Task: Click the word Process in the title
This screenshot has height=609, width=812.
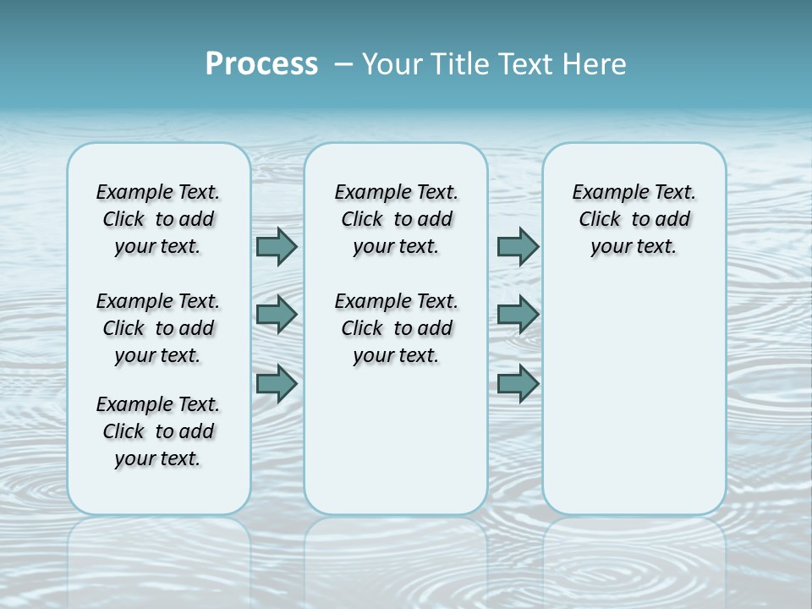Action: tap(261, 64)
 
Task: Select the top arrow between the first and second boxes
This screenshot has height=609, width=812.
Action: tap(277, 246)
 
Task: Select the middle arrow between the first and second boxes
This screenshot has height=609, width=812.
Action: tap(277, 315)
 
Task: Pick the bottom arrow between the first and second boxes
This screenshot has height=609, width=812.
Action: tap(277, 383)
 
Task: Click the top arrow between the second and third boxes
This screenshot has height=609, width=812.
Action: tap(518, 246)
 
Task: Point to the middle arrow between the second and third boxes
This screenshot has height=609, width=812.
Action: tap(518, 315)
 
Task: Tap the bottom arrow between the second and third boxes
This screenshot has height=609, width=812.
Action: tap(518, 383)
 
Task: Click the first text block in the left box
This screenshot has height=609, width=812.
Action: tap(158, 219)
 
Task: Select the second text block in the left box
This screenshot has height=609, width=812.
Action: tap(158, 328)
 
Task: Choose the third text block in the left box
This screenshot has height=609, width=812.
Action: tap(158, 431)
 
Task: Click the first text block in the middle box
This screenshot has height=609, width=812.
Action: tap(396, 219)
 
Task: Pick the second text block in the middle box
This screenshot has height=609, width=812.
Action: tap(396, 328)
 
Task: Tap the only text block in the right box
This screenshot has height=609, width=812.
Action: tap(634, 219)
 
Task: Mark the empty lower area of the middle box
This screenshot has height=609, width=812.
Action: tap(396, 440)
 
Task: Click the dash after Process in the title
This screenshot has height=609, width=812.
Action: tap(344, 64)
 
